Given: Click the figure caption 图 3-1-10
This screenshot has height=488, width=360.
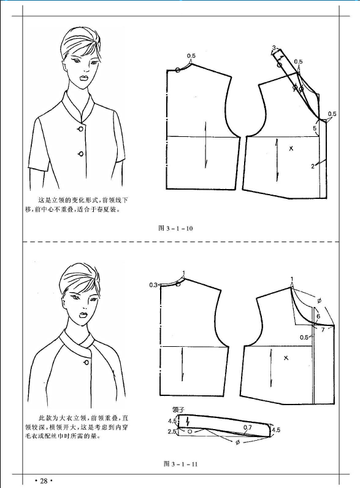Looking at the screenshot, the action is point(175,228).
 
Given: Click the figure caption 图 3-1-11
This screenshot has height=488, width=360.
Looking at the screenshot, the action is point(181,464).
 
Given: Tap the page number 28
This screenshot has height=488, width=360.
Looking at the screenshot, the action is point(44,481).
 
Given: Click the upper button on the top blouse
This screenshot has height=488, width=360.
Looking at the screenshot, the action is point(80,129).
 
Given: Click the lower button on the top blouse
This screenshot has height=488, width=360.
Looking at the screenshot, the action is point(81,153).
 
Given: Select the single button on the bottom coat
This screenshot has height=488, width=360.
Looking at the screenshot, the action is point(86,363).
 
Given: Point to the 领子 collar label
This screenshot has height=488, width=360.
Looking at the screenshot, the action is point(178,409).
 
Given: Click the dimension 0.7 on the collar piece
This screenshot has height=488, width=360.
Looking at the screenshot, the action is point(247,427).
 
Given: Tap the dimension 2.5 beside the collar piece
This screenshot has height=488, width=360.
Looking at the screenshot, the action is point(172,432).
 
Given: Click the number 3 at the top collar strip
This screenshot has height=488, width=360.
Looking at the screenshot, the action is point(274,48).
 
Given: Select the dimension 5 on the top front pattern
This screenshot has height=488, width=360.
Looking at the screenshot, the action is point(315,128).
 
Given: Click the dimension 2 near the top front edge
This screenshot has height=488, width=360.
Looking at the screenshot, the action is point(313,166).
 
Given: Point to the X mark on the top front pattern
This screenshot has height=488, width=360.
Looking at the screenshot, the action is point(291,149).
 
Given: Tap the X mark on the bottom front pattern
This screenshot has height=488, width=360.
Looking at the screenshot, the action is point(286,358).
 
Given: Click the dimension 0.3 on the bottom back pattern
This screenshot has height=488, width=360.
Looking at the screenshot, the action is point(153,285).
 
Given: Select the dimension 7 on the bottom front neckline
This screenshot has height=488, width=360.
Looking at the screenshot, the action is point(323,329).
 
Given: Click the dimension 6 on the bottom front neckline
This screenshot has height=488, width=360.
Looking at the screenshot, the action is point(318,317).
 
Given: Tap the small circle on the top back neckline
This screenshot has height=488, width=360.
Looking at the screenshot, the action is point(177,71).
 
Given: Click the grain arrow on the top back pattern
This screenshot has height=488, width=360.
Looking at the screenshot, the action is point(205,145).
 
